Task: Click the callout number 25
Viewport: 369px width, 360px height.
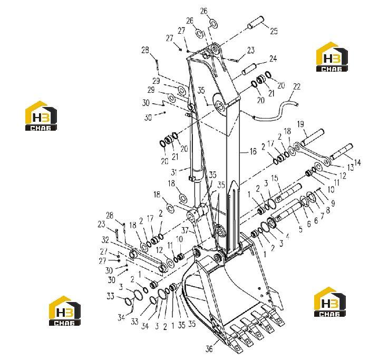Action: click(x=274, y=31)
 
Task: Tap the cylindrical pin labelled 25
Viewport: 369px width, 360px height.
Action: click(x=255, y=22)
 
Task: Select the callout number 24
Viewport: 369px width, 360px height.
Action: click(x=273, y=59)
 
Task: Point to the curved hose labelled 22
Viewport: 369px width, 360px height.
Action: click(x=275, y=111)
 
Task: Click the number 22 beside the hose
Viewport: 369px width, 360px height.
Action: click(x=297, y=86)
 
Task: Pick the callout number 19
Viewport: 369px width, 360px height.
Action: click(x=301, y=124)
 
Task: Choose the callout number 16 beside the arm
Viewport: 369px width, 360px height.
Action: click(x=253, y=151)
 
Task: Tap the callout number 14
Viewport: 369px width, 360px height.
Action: click(x=357, y=162)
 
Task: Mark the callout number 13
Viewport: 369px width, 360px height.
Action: click(x=351, y=167)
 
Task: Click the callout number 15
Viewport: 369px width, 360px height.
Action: click(x=275, y=178)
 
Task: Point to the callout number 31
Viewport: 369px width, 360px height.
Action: click(x=174, y=172)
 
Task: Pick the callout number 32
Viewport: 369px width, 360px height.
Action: click(x=105, y=240)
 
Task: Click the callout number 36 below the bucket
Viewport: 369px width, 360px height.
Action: click(x=209, y=349)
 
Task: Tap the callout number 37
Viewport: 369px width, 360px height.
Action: click(x=185, y=230)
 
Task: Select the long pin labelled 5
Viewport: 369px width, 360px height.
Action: click(x=286, y=211)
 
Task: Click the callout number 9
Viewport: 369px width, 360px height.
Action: click(x=333, y=203)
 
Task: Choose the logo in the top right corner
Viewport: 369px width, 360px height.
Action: click(x=332, y=57)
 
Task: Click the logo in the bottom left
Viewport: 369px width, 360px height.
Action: click(x=65, y=310)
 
